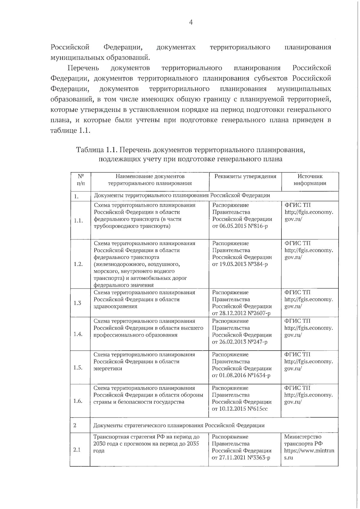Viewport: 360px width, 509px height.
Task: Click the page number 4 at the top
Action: (x=191, y=22)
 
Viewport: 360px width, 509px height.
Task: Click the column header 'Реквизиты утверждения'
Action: (x=245, y=176)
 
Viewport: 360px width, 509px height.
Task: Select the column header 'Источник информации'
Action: (x=310, y=180)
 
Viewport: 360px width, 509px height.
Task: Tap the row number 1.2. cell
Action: (x=78, y=264)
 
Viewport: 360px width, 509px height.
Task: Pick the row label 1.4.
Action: (x=78, y=334)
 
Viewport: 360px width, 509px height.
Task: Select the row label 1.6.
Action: (x=78, y=401)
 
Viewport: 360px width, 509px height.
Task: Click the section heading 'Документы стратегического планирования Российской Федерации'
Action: (x=179, y=425)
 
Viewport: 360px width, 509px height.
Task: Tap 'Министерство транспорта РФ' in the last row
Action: (x=303, y=440)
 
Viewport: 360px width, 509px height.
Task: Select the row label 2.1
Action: (x=77, y=450)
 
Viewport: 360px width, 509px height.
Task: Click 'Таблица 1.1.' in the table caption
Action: (x=98, y=149)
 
